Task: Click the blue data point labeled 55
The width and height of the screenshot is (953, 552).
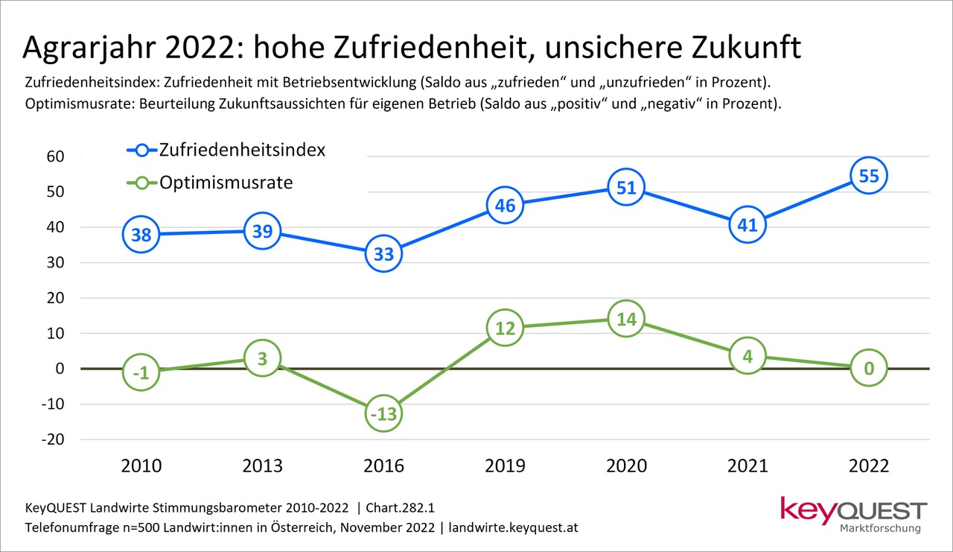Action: click(x=869, y=176)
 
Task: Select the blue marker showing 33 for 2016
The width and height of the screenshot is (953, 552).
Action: click(x=383, y=253)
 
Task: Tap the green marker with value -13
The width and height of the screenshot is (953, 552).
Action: click(x=383, y=413)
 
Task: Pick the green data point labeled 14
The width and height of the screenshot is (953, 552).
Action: click(x=626, y=318)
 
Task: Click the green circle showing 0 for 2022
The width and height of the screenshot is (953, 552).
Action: click(x=869, y=367)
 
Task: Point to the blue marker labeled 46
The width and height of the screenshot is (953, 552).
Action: click(x=505, y=205)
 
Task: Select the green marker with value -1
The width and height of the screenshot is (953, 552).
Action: click(x=140, y=372)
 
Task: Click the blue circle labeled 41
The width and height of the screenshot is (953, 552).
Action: click(x=748, y=225)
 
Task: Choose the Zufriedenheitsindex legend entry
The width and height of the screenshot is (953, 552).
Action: click(x=227, y=150)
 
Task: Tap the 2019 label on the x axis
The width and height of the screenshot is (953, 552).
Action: click(x=505, y=466)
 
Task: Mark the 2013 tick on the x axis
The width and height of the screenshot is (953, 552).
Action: click(x=262, y=466)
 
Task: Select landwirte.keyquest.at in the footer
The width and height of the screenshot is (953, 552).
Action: click(x=512, y=527)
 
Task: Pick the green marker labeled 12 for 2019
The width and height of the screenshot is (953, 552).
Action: click(x=505, y=327)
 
